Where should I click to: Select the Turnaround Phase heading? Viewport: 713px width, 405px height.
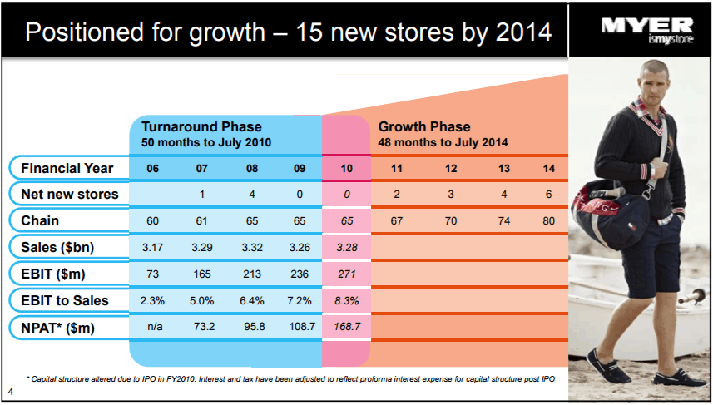(x=201, y=127)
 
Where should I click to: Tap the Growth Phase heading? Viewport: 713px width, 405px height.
(x=424, y=127)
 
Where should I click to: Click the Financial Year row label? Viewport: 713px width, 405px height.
(x=67, y=168)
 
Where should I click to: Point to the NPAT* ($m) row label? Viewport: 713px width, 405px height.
(x=58, y=328)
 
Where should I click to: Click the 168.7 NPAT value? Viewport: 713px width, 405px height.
(x=346, y=328)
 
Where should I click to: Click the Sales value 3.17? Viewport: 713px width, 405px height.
(x=152, y=248)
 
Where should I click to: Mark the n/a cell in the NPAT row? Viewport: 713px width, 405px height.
(x=152, y=328)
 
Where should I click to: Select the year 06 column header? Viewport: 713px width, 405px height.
(x=152, y=168)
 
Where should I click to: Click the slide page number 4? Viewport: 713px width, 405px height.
(x=9, y=391)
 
